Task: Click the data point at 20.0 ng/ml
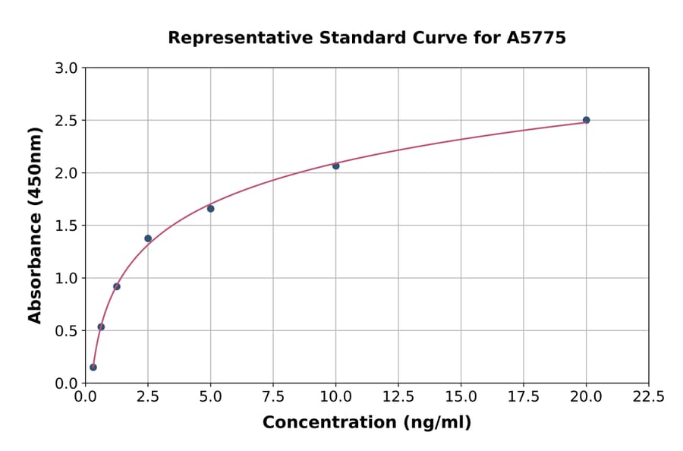point(586,120)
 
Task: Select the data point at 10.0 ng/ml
point(335,166)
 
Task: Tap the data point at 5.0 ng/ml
point(210,209)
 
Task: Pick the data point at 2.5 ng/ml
point(148,238)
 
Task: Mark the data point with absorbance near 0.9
point(117,286)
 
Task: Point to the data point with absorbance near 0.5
point(101,327)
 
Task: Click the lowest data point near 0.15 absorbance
point(93,367)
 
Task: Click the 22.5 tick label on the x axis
point(648,397)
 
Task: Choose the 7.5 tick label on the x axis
point(273,397)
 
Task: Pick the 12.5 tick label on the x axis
point(398,397)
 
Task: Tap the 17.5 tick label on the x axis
point(524,397)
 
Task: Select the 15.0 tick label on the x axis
point(461,397)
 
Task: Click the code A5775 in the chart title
point(536,38)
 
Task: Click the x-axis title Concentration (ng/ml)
point(367,423)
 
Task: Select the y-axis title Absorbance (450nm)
point(35,225)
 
